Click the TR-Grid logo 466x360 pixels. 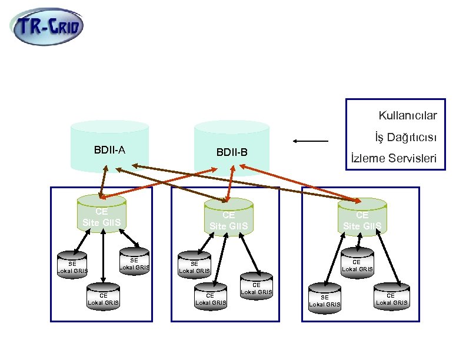(x=48, y=26)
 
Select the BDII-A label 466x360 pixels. (x=109, y=150)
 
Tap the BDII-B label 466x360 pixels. (x=232, y=153)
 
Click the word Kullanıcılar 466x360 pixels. (x=412, y=115)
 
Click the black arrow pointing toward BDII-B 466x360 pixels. (x=311, y=141)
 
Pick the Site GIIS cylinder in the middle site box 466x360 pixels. (x=229, y=217)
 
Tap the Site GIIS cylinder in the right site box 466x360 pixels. (x=362, y=217)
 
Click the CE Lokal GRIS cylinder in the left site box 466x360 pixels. (x=103, y=297)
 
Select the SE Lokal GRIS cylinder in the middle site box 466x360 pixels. (x=194, y=265)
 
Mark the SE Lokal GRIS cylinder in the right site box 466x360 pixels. (x=325, y=299)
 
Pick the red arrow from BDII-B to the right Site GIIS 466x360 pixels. (x=300, y=184)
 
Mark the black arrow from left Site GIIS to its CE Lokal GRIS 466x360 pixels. (x=103, y=256)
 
